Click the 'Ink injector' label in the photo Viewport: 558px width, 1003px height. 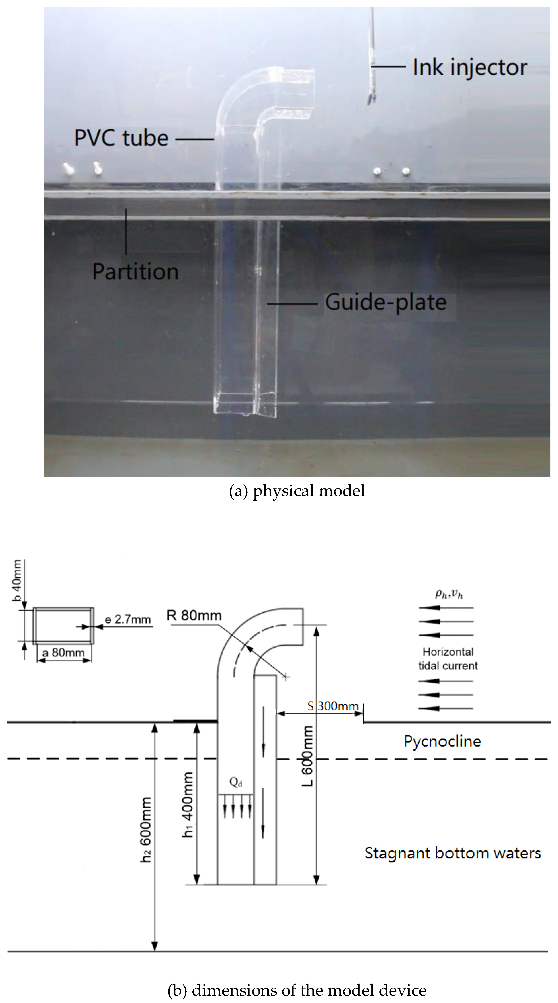[470, 67]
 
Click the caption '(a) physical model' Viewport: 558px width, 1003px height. [297, 491]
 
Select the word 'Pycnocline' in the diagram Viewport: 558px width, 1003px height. [442, 741]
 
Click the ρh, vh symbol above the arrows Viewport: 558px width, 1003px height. [449, 594]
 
